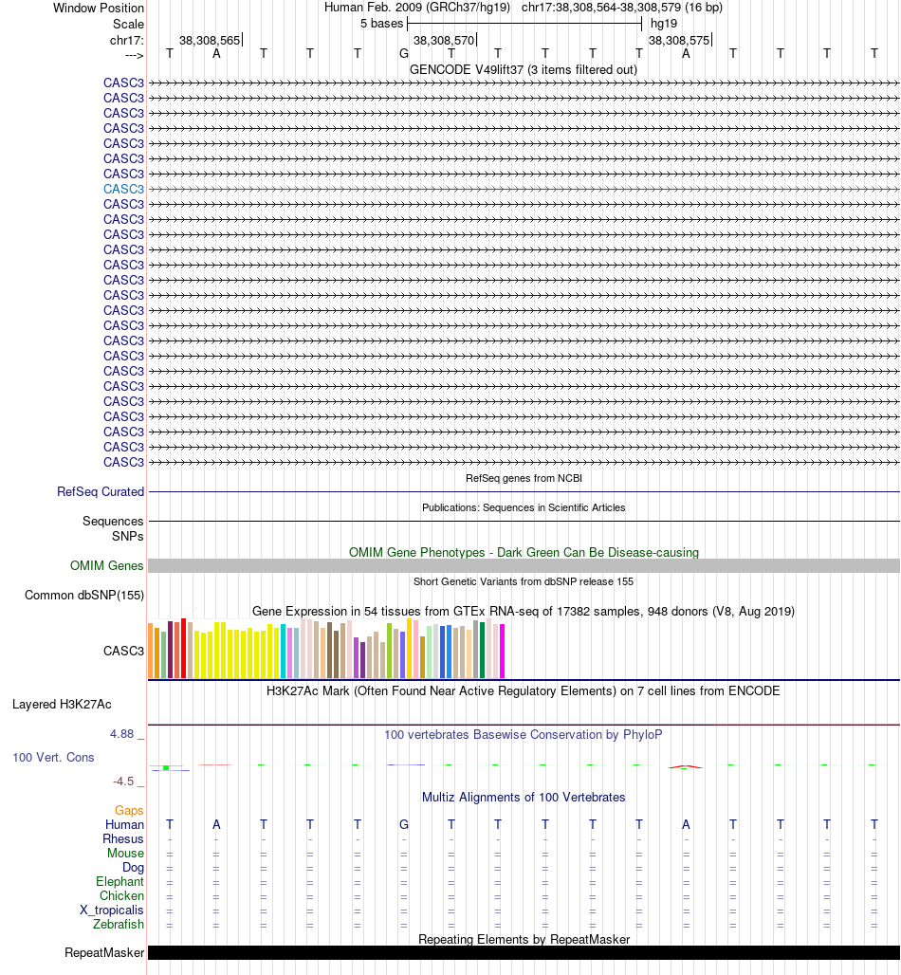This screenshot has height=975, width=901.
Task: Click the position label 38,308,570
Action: pyautogui.click(x=444, y=41)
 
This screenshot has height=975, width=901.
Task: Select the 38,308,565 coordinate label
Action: pyautogui.click(x=210, y=41)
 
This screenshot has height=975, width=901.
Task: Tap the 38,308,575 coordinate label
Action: pyautogui.click(x=678, y=41)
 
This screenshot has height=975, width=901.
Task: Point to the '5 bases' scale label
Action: pyautogui.click(x=381, y=23)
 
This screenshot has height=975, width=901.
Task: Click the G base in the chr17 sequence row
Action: pyautogui.click(x=404, y=53)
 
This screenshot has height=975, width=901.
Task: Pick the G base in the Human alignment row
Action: pyautogui.click(x=404, y=824)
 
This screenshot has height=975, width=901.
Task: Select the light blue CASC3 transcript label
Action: pyautogui.click(x=124, y=189)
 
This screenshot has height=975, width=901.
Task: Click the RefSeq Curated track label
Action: pyautogui.click(x=101, y=492)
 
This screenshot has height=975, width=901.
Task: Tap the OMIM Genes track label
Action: pyautogui.click(x=107, y=566)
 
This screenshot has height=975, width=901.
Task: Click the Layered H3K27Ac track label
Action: pyautogui.click(x=62, y=705)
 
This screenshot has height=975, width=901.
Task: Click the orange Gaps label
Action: pyautogui.click(x=129, y=811)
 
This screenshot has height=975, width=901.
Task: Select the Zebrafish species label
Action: pyautogui.click(x=119, y=925)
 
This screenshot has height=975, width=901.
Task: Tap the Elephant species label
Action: pyautogui.click(x=120, y=882)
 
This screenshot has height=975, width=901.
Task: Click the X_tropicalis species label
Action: pyautogui.click(x=112, y=911)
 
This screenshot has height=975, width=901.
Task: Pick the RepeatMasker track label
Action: pyautogui.click(x=104, y=953)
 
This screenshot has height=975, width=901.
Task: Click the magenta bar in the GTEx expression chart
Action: pyautogui.click(x=502, y=651)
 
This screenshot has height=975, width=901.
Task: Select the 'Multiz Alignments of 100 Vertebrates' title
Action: pyautogui.click(x=524, y=798)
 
